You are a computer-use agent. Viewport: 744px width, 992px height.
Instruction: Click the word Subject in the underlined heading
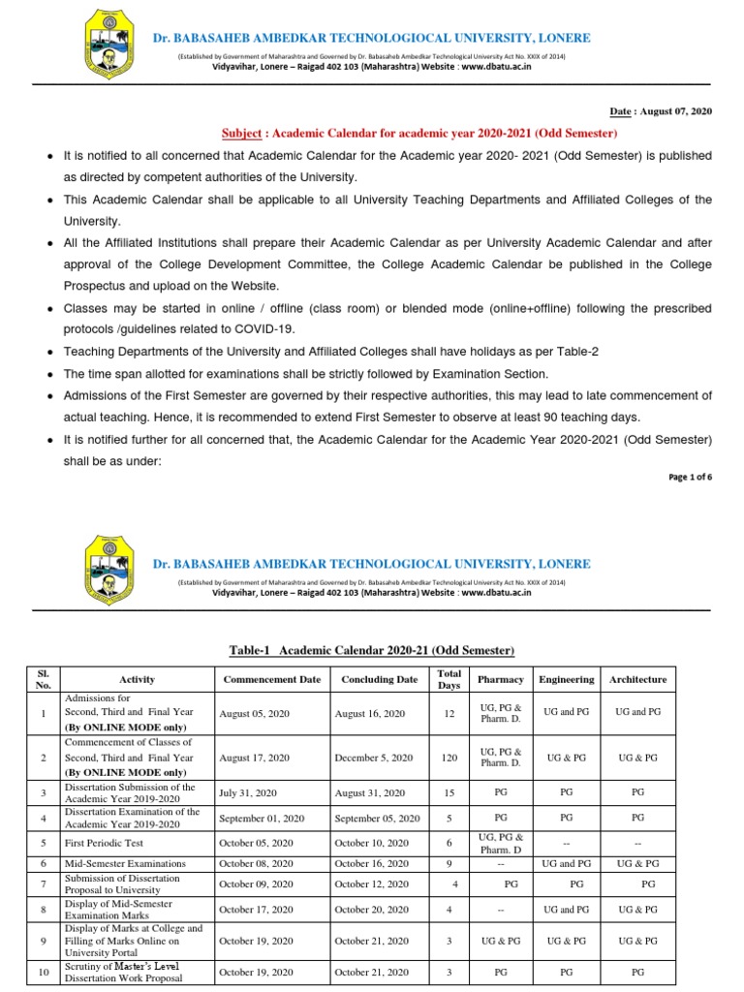point(246,134)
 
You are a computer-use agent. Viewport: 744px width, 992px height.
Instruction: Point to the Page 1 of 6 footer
point(689,478)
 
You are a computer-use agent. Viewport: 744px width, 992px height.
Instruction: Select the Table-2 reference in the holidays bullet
point(577,352)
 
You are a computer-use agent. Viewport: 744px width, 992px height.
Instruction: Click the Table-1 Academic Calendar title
point(371,649)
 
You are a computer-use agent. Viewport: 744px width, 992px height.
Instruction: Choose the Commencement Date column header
point(271,680)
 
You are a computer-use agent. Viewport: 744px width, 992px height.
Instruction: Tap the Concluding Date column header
point(379,680)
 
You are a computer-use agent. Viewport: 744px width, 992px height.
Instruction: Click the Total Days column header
point(449,679)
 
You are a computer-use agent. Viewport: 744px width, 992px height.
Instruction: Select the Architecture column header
point(637,680)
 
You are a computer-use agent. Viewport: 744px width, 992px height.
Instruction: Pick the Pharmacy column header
point(501,680)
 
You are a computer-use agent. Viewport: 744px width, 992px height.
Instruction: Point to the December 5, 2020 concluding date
point(373,758)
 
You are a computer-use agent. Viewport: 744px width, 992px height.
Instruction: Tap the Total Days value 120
point(449,758)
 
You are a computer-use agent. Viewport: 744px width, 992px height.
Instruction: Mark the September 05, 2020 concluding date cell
point(377,819)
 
